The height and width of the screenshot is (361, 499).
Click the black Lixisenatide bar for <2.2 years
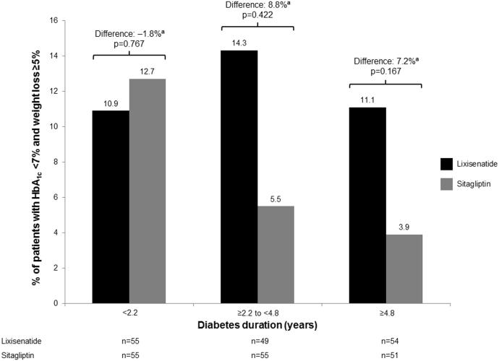(x=111, y=206)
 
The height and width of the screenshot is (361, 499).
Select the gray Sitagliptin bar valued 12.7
(x=148, y=191)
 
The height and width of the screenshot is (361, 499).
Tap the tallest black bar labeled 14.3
(x=239, y=176)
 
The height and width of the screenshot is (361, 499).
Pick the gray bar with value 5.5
(x=276, y=254)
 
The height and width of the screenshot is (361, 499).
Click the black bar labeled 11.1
(x=367, y=205)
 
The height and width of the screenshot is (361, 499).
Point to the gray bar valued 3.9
(x=404, y=269)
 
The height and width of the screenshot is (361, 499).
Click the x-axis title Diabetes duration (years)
(x=257, y=326)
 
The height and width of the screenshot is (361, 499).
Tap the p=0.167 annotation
(x=385, y=72)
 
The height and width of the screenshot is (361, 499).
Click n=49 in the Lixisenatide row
(x=257, y=340)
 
